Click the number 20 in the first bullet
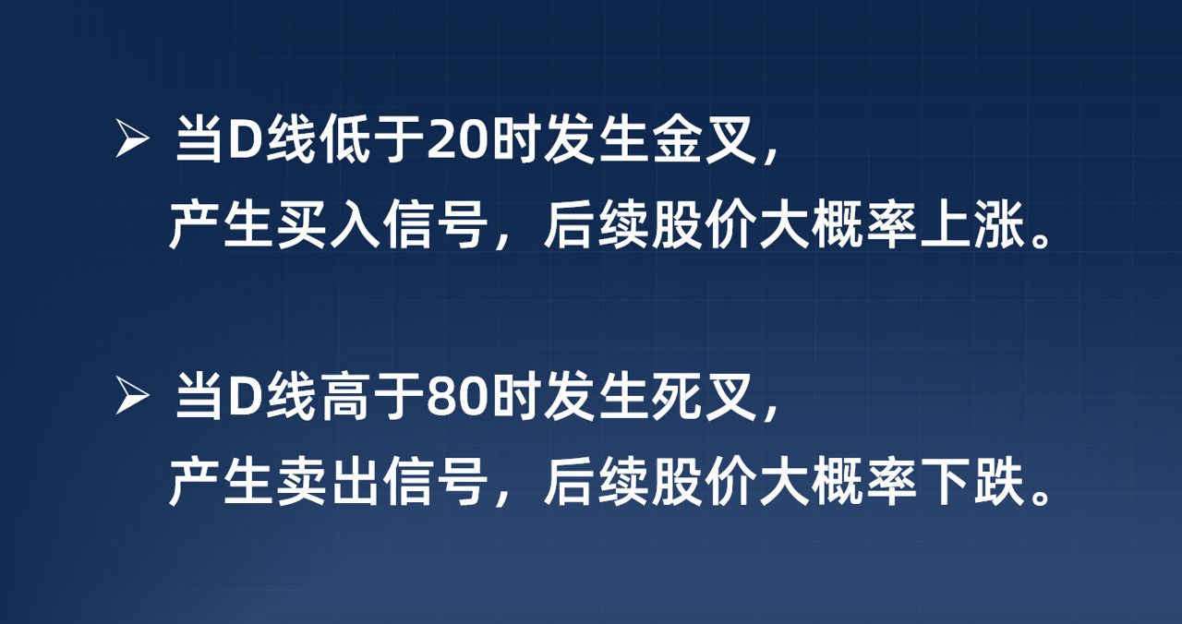(x=459, y=144)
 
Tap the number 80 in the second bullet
(x=459, y=400)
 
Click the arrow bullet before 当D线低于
(x=132, y=143)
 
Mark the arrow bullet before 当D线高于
(x=132, y=399)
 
